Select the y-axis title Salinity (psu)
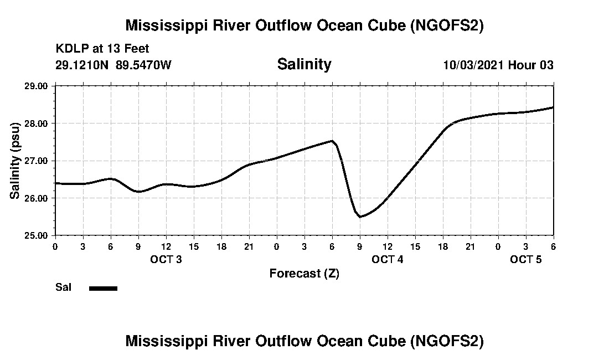pos(15,161)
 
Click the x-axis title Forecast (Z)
pos(304,273)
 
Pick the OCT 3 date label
pos(166,259)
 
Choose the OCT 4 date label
pos(388,259)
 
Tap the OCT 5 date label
pos(526,259)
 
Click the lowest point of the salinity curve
pos(360,217)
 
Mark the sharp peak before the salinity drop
pos(332,141)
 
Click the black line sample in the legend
pos(103,288)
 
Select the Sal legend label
pos(63,287)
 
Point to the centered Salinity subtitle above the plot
pos(304,64)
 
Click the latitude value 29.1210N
pos(82,65)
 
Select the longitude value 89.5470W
pos(143,65)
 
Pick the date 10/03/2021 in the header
pos(473,65)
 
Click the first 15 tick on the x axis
pos(194,246)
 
